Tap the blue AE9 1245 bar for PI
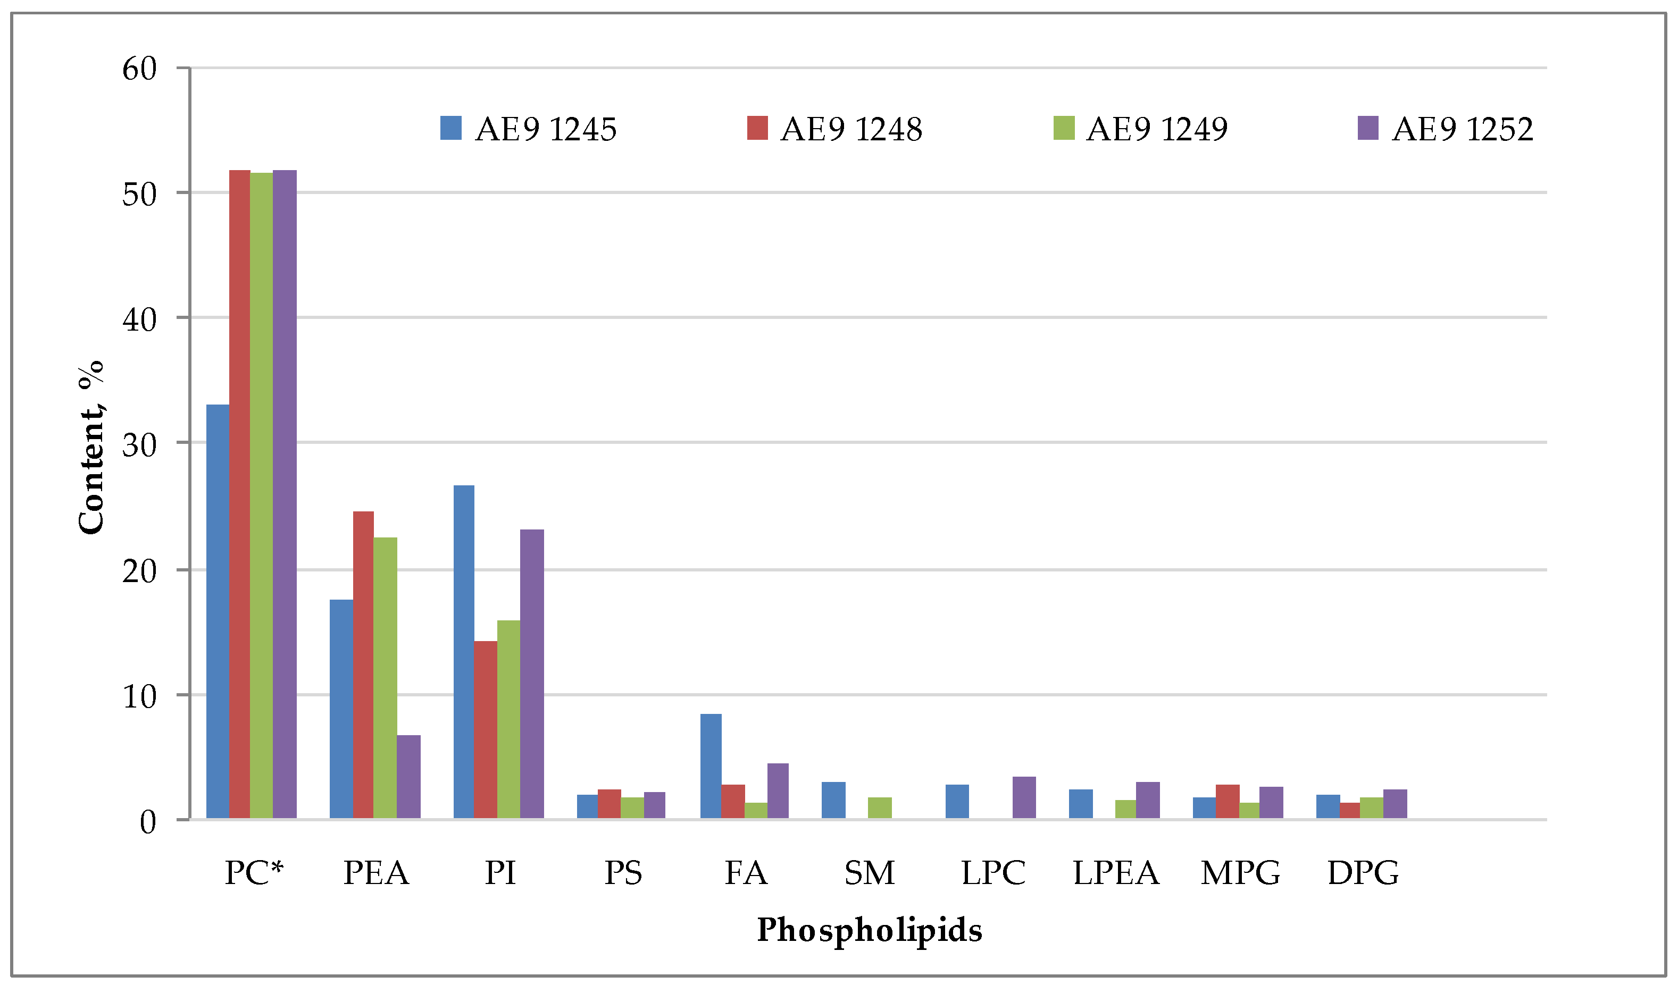[463, 652]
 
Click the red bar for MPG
[1228, 802]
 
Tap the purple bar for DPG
[1395, 804]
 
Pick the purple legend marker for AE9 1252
[1367, 128]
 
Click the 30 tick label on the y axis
[139, 445]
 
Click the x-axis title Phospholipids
[869, 931]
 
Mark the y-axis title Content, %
[91, 447]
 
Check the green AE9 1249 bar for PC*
[261, 495]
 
